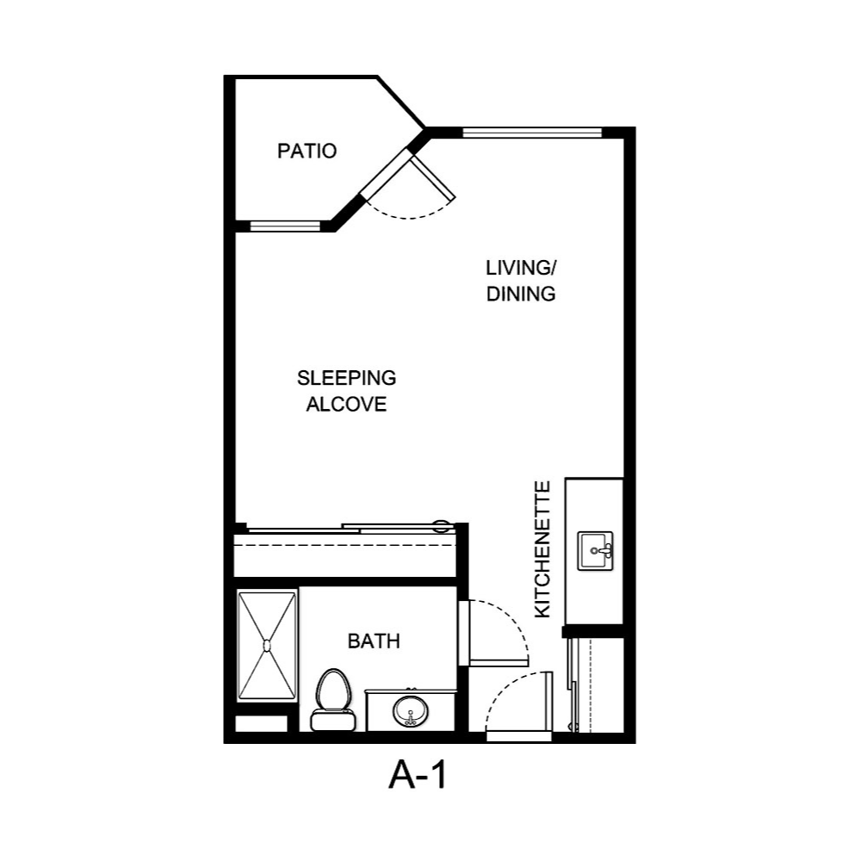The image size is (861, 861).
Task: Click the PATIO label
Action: click(x=307, y=152)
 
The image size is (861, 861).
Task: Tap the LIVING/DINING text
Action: click(x=520, y=281)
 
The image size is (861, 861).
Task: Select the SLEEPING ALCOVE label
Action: click(x=346, y=390)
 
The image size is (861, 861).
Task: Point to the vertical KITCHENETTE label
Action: click(x=542, y=549)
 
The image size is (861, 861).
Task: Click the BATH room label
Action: click(x=374, y=641)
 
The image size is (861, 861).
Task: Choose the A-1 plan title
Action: click(x=418, y=777)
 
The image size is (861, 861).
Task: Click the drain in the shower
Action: click(x=267, y=645)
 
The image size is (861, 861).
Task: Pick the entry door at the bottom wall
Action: click(x=518, y=734)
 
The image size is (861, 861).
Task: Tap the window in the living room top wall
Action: click(x=531, y=133)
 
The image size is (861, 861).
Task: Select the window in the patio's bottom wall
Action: click(x=284, y=226)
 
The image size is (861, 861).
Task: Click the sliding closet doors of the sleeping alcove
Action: click(x=344, y=528)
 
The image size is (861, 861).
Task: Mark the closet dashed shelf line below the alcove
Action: click(x=344, y=544)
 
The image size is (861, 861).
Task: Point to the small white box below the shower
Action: click(x=261, y=723)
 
